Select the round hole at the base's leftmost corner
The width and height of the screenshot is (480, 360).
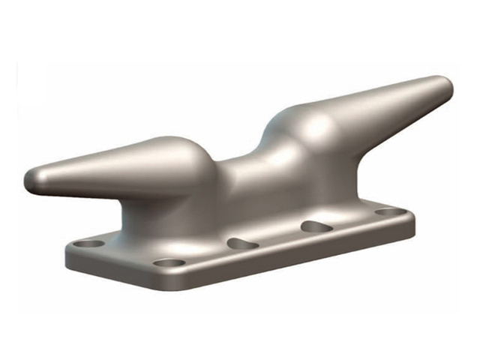tap(91, 244)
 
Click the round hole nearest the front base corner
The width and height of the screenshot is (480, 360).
tap(170, 263)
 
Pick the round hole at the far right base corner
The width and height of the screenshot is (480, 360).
tap(388, 212)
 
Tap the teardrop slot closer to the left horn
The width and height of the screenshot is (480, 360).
tap(242, 244)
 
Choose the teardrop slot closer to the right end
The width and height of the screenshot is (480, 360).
tap(316, 226)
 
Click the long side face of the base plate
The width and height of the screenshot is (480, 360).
tap(300, 255)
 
